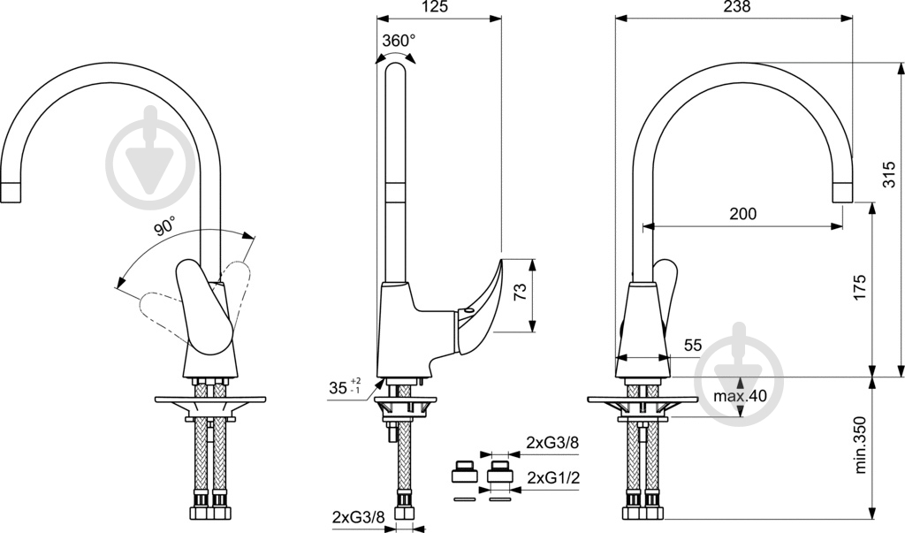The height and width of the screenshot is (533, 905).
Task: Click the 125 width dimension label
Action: (x=431, y=7)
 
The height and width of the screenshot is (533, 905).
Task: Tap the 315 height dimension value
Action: (x=889, y=182)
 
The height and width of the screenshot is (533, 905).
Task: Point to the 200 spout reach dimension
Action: (x=742, y=213)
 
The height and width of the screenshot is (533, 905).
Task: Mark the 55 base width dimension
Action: (x=693, y=346)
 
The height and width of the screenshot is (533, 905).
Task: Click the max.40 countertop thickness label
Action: (x=741, y=396)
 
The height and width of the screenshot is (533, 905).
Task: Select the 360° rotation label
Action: (x=399, y=41)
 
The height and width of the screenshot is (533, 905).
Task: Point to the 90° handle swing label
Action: (x=165, y=227)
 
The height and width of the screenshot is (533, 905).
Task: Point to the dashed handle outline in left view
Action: (x=159, y=306)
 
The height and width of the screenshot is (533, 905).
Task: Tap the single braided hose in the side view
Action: (x=402, y=468)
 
